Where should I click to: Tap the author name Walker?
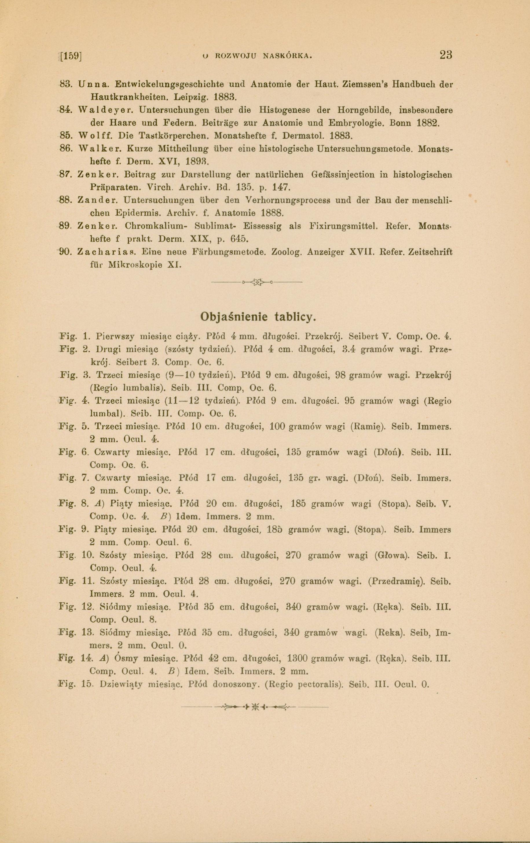click(100, 148)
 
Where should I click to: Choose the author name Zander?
click(97, 200)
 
